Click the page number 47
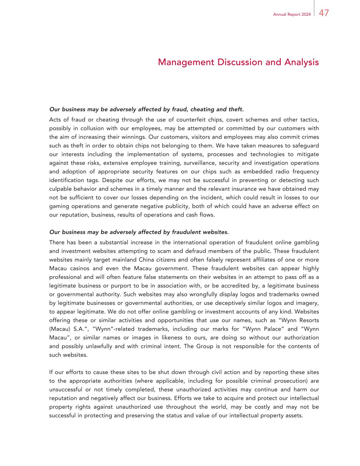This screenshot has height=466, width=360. (x=324, y=13)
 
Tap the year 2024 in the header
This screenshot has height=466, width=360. (x=306, y=15)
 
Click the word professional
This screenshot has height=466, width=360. (x=65, y=277)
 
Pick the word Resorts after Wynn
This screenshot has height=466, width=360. (x=309, y=320)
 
